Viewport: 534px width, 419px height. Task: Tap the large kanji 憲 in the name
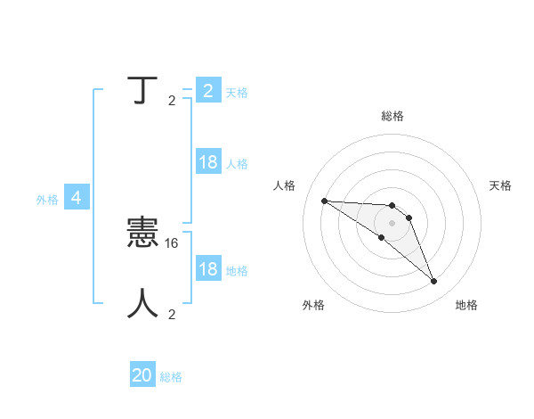pos(143,234)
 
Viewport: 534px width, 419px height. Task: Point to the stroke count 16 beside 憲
pos(173,242)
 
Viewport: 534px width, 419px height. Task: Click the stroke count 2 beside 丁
pos(172,101)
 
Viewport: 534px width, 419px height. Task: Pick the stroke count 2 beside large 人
pos(172,314)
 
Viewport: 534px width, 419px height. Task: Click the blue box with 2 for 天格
pos(207,90)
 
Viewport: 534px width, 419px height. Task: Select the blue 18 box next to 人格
pos(207,162)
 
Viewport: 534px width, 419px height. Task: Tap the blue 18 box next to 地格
pos(207,269)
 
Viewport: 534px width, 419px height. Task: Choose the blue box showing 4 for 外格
pos(77,198)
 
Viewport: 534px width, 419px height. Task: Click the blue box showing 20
pos(142,375)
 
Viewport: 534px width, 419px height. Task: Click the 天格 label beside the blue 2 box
pos(237,92)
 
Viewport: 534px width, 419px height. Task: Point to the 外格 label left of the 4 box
pos(47,200)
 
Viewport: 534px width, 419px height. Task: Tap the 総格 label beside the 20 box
pos(171,377)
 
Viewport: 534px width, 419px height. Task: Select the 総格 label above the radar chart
pos(392,116)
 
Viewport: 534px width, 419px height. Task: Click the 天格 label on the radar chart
pos(501,185)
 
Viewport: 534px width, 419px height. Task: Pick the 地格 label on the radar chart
pos(466,305)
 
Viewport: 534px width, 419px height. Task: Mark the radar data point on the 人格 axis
pos(324,201)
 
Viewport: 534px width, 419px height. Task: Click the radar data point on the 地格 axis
pos(433,282)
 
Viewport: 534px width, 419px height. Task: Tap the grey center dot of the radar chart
pos(392,222)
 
